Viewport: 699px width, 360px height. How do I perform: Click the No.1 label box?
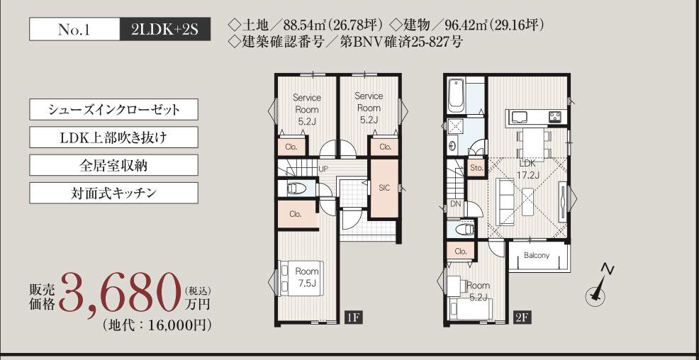click(x=74, y=29)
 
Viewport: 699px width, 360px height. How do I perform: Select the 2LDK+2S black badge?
click(x=165, y=29)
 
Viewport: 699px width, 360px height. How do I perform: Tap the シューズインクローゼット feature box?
click(x=113, y=110)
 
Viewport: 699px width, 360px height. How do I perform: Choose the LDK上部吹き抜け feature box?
click(x=113, y=137)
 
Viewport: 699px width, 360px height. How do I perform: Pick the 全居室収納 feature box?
click(x=113, y=165)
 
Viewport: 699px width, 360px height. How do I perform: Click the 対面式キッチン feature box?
click(x=113, y=193)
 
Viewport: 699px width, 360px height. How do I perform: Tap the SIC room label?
click(x=384, y=188)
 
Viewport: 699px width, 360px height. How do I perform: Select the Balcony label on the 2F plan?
click(x=537, y=256)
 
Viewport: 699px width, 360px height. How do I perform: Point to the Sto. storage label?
click(x=477, y=168)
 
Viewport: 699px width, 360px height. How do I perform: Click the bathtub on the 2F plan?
click(x=457, y=96)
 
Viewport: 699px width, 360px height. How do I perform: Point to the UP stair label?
click(x=324, y=169)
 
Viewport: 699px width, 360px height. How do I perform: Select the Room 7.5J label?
click(x=307, y=276)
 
